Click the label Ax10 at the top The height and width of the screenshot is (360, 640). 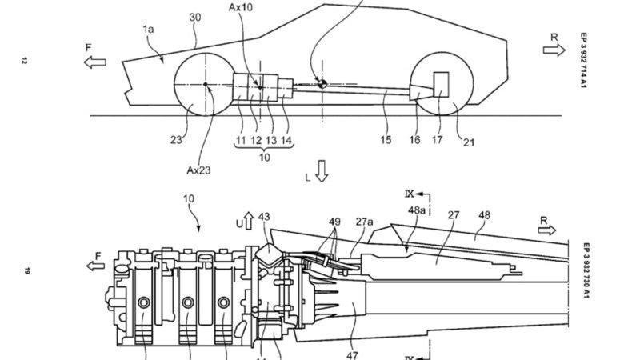241,7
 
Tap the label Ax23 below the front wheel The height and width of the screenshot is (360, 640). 198,170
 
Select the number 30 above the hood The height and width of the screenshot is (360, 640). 195,17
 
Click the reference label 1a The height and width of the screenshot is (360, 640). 148,29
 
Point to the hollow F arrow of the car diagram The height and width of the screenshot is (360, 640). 94,62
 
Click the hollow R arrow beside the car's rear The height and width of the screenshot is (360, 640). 554,50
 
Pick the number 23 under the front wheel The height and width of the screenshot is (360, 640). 176,140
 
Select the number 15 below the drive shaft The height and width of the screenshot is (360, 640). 386,140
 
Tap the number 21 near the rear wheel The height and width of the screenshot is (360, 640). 469,142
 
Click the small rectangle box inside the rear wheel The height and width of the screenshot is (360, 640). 441,85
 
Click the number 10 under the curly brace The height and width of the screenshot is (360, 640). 265,157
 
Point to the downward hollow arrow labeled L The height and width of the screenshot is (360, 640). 322,170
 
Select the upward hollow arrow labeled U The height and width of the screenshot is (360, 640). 248,221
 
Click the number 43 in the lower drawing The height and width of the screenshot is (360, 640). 264,217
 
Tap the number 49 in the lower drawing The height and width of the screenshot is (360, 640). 334,222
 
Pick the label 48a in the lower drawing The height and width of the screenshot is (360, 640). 416,210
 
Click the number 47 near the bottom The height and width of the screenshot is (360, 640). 352,355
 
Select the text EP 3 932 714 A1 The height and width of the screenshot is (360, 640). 584,61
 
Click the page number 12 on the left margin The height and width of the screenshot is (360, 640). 24,62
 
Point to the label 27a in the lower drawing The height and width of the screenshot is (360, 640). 364,222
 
